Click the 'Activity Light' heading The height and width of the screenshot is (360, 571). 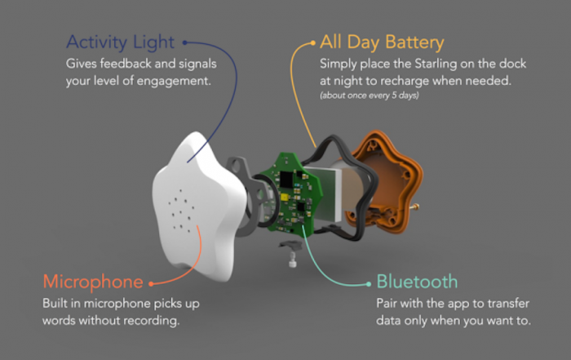pos(121,42)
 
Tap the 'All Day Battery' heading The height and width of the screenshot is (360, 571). pos(382,42)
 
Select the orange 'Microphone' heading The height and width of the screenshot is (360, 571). pos(93,282)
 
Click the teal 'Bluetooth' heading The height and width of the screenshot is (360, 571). pos(417,282)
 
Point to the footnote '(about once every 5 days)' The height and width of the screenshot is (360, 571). pos(370,96)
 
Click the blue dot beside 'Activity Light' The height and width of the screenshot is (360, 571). pos(185,42)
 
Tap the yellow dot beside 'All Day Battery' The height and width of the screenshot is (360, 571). pos(312,43)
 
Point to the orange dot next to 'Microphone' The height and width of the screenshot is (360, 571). pos(151,284)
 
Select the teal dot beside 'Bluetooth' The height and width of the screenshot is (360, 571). pos(369,284)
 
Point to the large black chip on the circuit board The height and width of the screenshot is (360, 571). pos(286,180)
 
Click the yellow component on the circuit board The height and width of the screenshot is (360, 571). pos(285,198)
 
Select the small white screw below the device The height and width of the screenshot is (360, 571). pos(292,261)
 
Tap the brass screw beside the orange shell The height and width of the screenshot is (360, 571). pos(414,207)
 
